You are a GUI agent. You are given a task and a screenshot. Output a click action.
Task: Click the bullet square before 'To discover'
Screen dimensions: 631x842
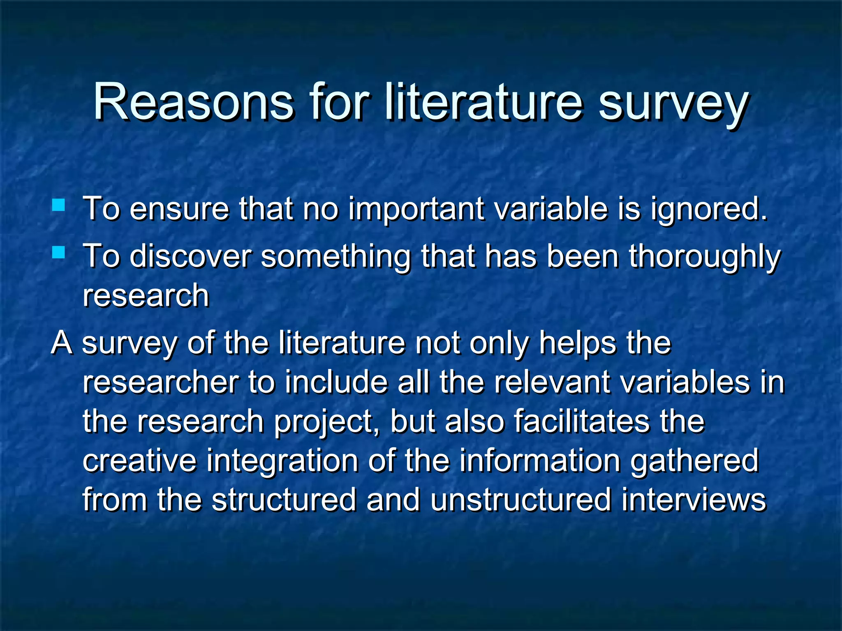click(58, 252)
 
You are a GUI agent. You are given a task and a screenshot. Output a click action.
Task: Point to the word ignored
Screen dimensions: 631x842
click(709, 210)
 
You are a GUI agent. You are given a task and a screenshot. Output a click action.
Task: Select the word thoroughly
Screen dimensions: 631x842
click(704, 257)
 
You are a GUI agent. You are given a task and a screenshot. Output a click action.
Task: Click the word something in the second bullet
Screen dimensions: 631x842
click(335, 257)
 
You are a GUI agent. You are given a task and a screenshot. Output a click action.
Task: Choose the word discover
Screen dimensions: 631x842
click(190, 256)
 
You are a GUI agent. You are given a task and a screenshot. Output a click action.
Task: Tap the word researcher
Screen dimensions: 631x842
click(161, 382)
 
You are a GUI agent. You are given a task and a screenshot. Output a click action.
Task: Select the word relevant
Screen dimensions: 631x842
click(552, 382)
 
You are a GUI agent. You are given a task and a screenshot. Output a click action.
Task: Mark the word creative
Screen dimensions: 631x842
click(139, 461)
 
